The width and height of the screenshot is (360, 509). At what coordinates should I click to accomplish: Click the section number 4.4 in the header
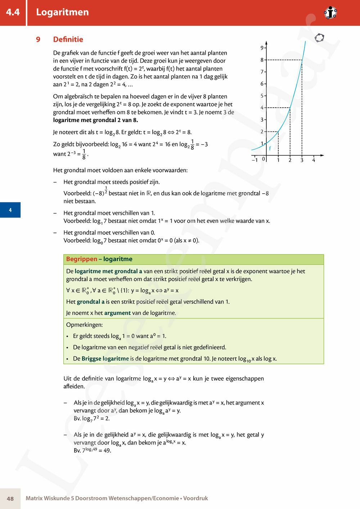tap(13, 12)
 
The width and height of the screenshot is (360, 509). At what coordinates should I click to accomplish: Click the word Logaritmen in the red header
tap(62, 12)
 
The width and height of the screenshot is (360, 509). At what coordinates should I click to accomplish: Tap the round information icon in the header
tap(330, 13)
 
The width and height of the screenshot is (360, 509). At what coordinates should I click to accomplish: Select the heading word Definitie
tap(68, 40)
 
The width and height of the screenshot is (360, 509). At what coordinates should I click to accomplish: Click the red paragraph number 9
tap(38, 40)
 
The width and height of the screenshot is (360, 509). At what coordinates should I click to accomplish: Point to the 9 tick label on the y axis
tap(262, 48)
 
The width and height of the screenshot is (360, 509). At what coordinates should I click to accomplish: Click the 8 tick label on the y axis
tap(262, 60)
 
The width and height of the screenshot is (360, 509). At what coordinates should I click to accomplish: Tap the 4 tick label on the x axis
tap(314, 160)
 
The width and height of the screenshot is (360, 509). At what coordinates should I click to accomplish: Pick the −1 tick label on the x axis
tap(255, 160)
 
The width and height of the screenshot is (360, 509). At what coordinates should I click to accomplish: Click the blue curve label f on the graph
tap(270, 148)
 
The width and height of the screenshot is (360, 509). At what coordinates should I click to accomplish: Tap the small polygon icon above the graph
tap(319, 37)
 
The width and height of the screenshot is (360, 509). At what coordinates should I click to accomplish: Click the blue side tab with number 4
tap(10, 210)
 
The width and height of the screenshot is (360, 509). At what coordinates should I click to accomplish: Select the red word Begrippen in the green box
tap(82, 259)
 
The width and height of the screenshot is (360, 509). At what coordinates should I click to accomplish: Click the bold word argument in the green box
tap(117, 313)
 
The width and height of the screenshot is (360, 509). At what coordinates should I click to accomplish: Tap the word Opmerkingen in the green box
tap(84, 325)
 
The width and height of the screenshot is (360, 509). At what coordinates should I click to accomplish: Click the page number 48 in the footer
tap(10, 499)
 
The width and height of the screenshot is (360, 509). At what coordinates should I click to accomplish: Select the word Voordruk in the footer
tap(195, 499)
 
